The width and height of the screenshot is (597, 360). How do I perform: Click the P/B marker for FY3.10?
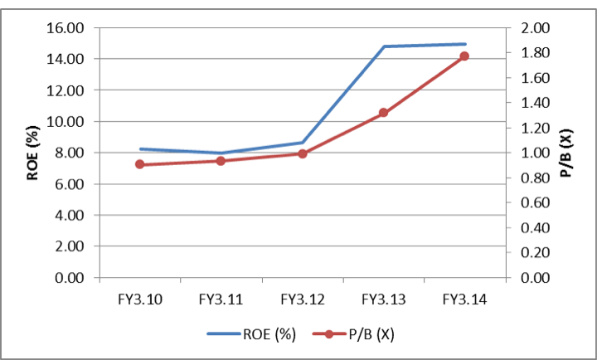[x=139, y=164]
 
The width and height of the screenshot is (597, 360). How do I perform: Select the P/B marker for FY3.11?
[x=221, y=160]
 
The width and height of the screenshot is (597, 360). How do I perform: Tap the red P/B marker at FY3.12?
[x=303, y=153]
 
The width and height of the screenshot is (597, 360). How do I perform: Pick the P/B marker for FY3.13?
[x=383, y=113]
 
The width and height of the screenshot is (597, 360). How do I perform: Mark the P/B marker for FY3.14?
[x=464, y=56]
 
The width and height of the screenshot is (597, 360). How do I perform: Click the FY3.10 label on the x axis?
[x=139, y=297]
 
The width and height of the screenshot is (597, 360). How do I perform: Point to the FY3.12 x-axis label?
[x=303, y=297]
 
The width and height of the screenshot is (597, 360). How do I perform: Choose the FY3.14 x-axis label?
[x=464, y=297]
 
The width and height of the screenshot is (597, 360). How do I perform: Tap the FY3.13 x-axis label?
[x=383, y=297]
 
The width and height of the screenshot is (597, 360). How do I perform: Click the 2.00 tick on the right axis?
[x=532, y=28]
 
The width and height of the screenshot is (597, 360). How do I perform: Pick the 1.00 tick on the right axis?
[x=532, y=153]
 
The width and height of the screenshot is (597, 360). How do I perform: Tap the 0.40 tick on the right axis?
[x=532, y=228]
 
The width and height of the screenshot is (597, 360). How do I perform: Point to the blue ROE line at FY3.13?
[x=383, y=46]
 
